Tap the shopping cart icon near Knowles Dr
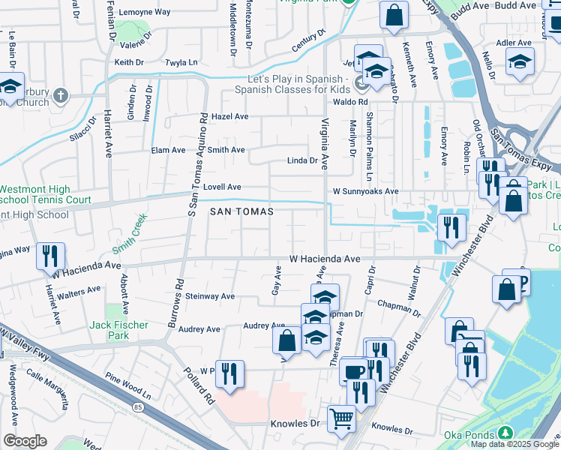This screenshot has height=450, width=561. [x=342, y=418]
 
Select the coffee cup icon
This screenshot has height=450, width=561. [x=353, y=370]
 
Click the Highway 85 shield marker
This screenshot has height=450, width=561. [x=139, y=407]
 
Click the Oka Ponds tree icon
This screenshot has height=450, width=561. [x=505, y=433]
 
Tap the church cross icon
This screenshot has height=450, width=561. [x=61, y=95]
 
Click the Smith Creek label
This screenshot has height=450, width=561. [x=130, y=233]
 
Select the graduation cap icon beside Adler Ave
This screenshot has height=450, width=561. [x=519, y=62]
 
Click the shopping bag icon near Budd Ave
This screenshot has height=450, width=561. [x=394, y=15]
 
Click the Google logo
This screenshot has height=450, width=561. [x=25, y=440]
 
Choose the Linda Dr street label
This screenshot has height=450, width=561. [x=303, y=160]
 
